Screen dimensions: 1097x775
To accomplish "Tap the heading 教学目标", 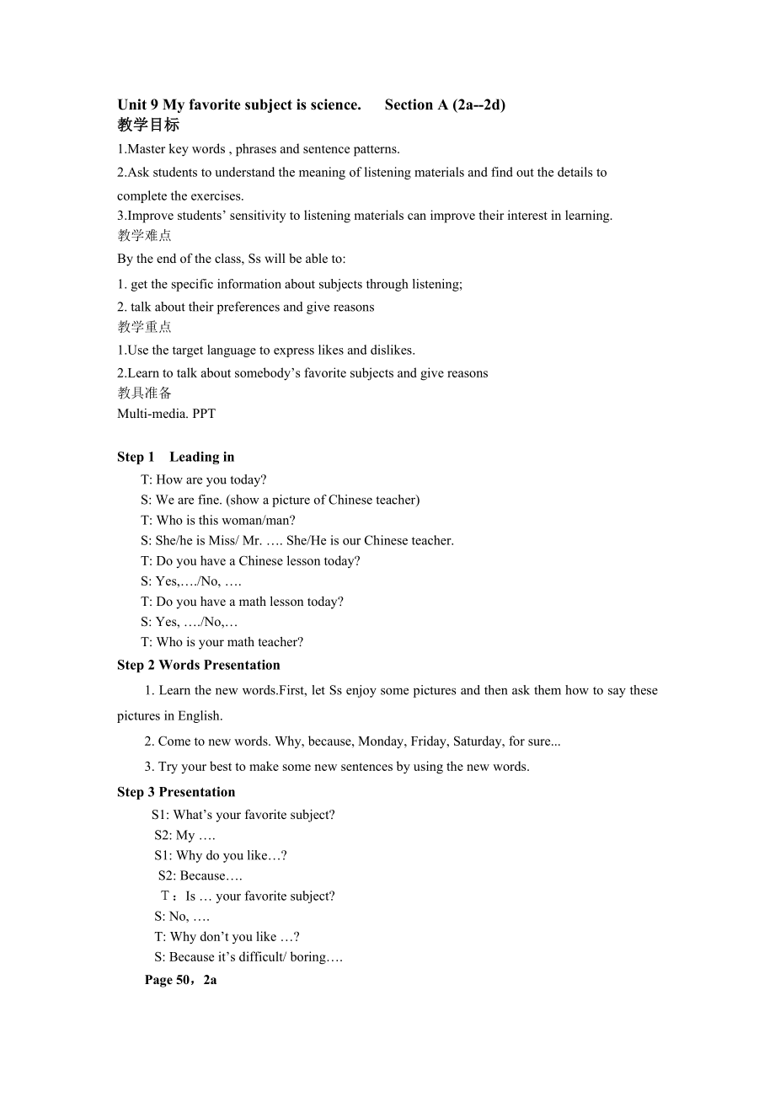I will (148, 125).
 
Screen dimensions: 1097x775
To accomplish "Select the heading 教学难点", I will (144, 235).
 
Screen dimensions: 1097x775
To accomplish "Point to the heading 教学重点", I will (144, 327).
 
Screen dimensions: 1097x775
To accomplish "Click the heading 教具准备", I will (144, 393).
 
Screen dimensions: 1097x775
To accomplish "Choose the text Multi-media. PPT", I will (166, 413).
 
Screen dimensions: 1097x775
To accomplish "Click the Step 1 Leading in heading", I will (175, 457).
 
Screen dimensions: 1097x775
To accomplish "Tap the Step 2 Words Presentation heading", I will (198, 665).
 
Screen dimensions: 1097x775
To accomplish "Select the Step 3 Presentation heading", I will (176, 792).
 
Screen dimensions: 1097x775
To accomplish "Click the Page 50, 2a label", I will (180, 980).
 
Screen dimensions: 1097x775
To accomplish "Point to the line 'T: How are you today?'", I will (203, 479).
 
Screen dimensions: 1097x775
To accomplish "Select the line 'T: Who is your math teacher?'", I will (222, 642).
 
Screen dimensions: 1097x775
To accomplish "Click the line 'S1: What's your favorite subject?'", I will (243, 815).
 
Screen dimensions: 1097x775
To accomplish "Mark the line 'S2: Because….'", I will (200, 875).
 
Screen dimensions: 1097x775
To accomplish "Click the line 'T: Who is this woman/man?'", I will (218, 520).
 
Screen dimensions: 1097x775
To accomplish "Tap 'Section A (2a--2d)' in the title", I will (445, 104).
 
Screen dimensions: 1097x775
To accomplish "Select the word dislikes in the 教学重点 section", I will (390, 350).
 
